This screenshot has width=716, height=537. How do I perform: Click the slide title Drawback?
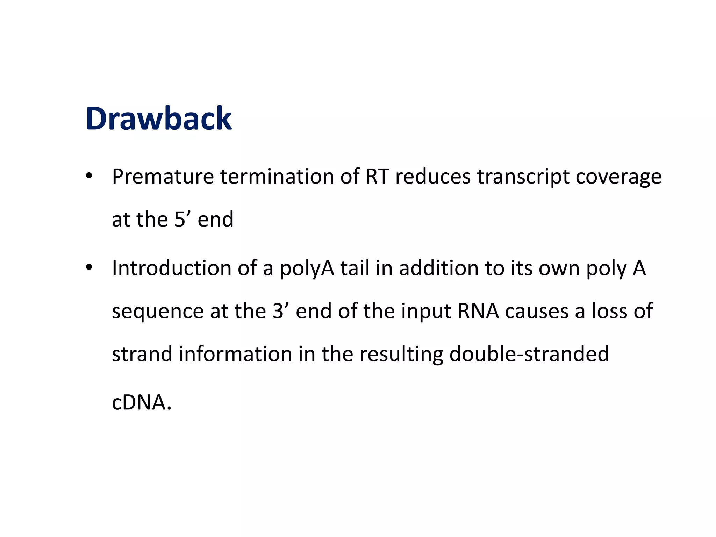pos(158,119)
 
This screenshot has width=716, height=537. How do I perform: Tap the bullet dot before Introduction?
pos(89,268)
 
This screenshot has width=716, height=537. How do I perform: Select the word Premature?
pos(163,177)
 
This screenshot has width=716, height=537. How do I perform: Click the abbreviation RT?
pos(377,177)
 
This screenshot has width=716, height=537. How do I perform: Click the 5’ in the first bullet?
pos(182,219)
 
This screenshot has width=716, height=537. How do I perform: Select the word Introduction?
pos(171,268)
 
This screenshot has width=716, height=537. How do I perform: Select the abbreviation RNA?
pos(478,311)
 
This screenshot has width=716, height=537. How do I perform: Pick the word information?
pos(235,354)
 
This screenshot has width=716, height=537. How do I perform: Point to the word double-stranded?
pos(529,354)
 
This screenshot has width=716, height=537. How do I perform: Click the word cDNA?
pos(142,402)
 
